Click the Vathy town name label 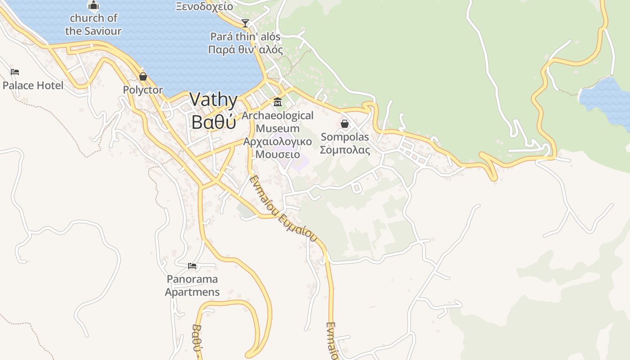click(x=213, y=100)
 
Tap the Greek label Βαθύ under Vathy click(x=213, y=121)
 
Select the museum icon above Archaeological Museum click(x=278, y=102)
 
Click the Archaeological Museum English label click(x=278, y=122)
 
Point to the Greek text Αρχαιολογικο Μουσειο click(x=278, y=148)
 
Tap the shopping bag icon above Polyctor click(x=143, y=76)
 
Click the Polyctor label click(x=143, y=90)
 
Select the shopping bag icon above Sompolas click(x=345, y=123)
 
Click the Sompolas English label click(x=345, y=137)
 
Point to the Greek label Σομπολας click(x=345, y=150)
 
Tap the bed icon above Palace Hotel click(x=15, y=72)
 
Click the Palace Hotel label click(x=33, y=85)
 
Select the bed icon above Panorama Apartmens click(x=192, y=266)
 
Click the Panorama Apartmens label click(x=192, y=285)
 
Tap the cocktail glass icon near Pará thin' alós click(x=245, y=23)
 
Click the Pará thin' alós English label click(x=245, y=37)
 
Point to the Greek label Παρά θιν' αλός click(x=245, y=49)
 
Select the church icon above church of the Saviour click(x=93, y=5)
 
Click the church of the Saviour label click(x=93, y=24)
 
